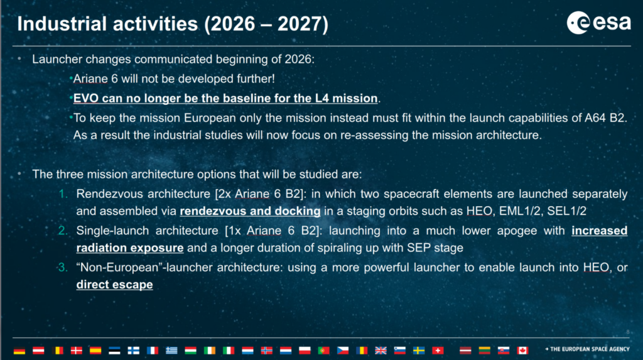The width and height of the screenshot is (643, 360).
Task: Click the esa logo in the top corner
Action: click(598, 23)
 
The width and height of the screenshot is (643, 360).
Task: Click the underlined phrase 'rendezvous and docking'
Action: click(250, 211)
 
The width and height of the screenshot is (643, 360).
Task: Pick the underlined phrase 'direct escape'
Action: click(114, 285)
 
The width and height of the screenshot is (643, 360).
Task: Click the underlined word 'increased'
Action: click(600, 231)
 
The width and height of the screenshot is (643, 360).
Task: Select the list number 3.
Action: click(63, 268)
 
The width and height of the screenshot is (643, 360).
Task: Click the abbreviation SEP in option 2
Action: click(418, 248)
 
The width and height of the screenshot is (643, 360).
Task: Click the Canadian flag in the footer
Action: click(522, 350)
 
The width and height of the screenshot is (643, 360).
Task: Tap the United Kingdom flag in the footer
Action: click(381, 350)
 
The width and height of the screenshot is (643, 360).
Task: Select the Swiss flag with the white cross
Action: click(438, 350)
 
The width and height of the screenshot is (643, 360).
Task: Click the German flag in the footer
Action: click(19, 350)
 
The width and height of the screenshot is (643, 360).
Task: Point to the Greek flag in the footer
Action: click(171, 350)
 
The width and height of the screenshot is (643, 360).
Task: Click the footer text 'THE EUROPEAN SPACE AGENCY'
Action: click(589, 349)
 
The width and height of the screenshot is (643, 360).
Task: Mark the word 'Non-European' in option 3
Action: click(119, 268)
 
